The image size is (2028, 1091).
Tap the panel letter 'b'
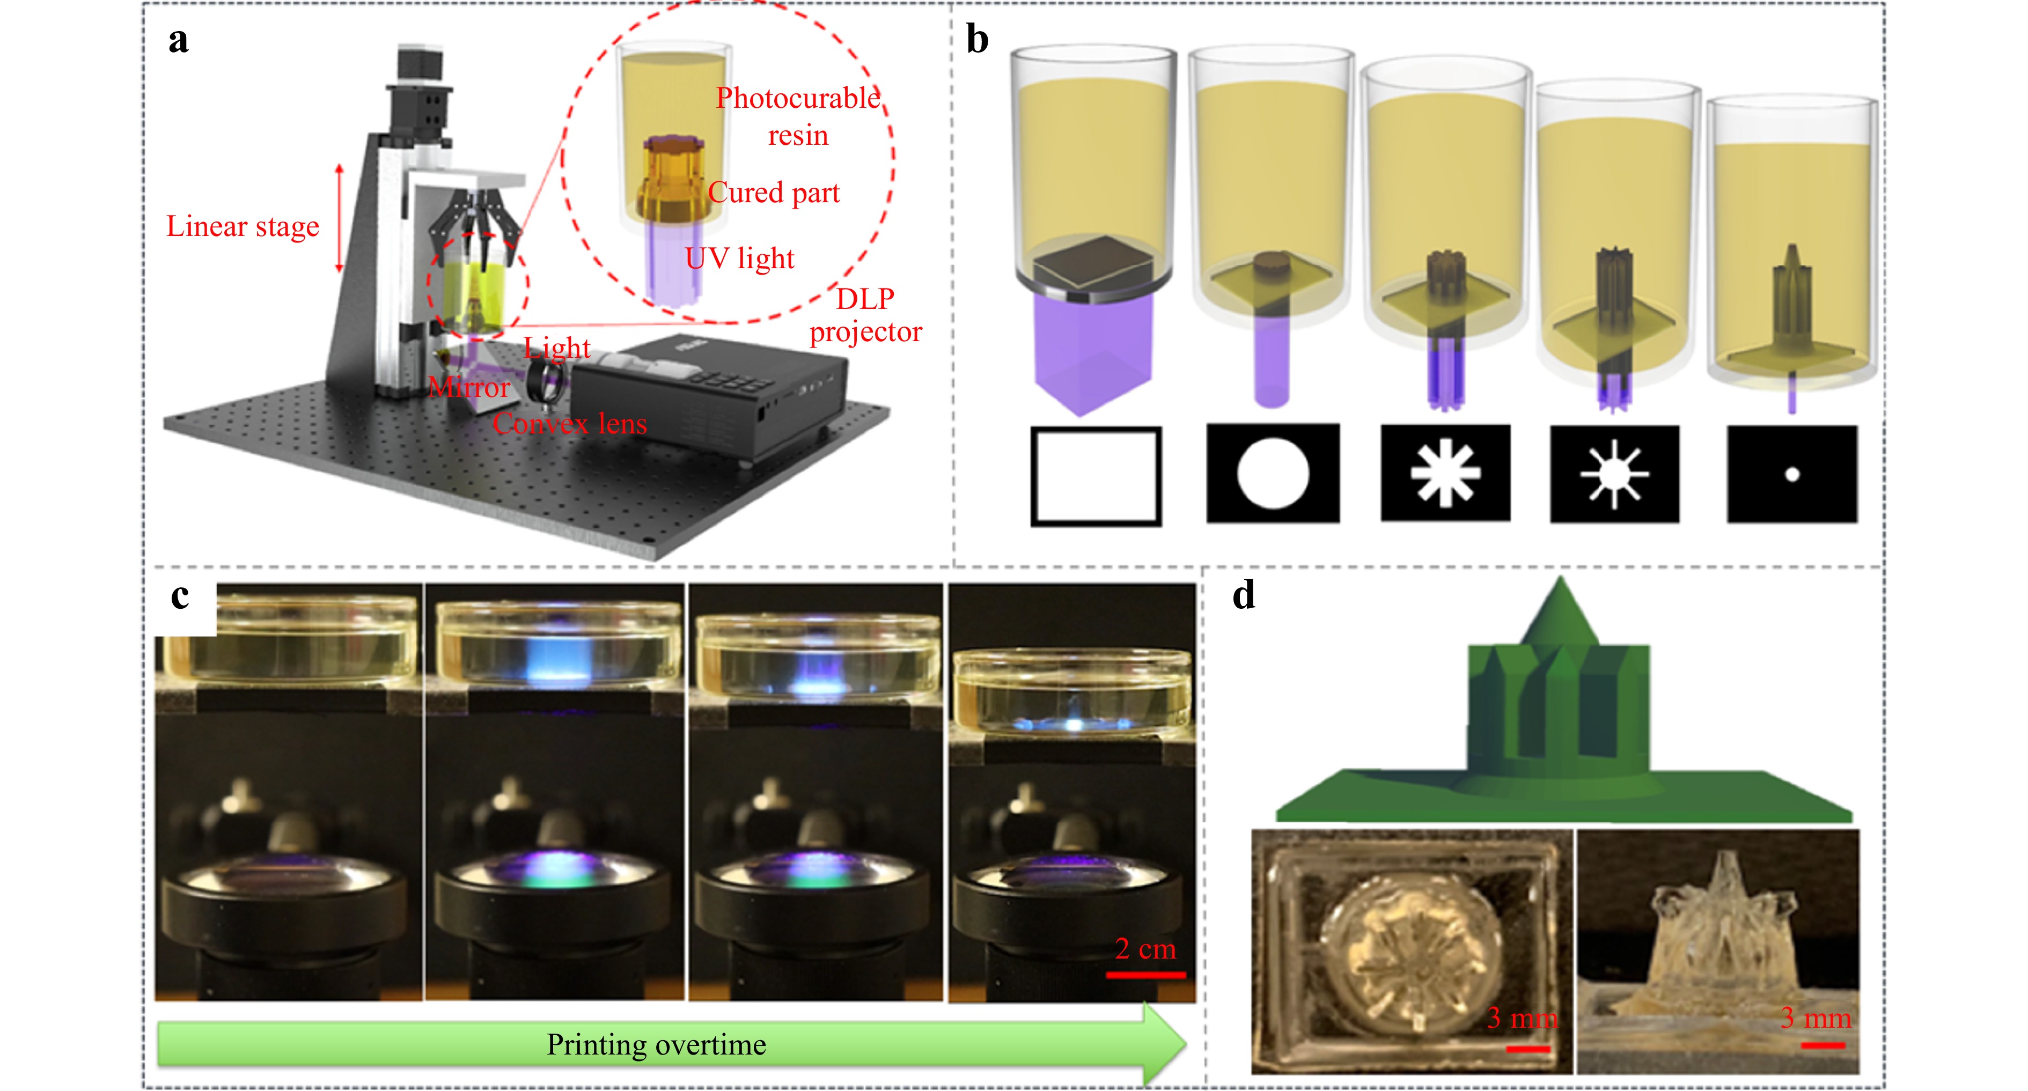(x=977, y=39)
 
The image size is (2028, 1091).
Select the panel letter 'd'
(x=1244, y=595)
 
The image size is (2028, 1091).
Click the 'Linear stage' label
(x=243, y=227)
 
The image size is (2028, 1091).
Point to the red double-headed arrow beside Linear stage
(x=339, y=218)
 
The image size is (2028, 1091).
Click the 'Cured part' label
(x=774, y=193)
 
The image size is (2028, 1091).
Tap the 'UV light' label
(x=739, y=258)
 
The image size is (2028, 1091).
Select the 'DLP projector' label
(x=865, y=315)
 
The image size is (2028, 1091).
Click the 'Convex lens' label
(x=569, y=424)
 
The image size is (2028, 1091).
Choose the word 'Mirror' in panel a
(x=469, y=387)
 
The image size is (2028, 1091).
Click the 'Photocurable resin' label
(x=797, y=116)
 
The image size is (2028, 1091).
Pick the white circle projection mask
(x=1273, y=473)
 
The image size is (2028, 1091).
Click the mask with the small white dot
(x=1792, y=474)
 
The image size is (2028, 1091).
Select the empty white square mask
(x=1096, y=475)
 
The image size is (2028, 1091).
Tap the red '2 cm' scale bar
(x=1145, y=975)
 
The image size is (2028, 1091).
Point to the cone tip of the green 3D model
(x=1560, y=583)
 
